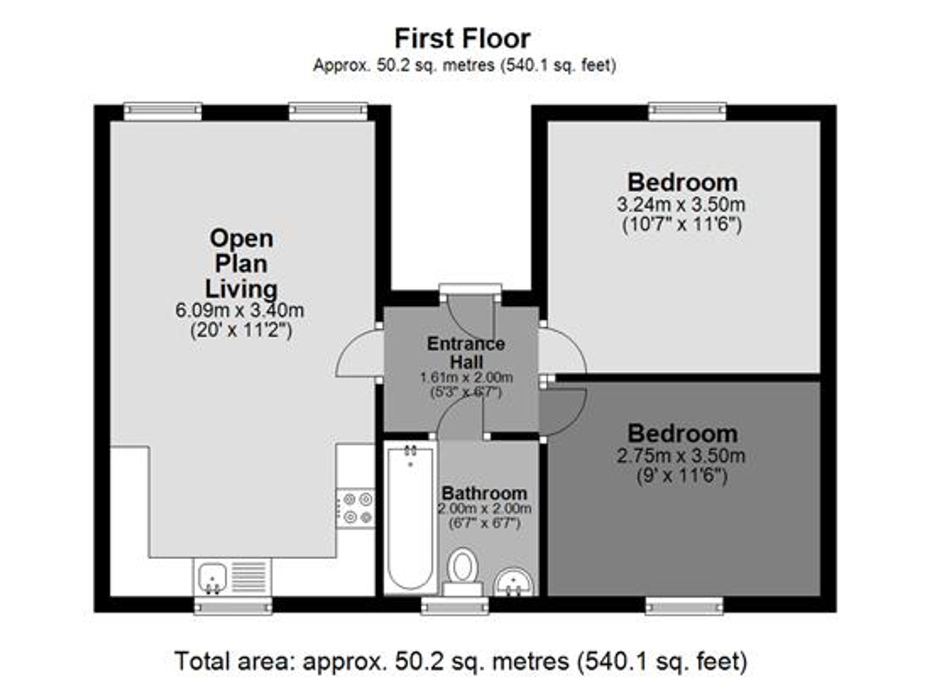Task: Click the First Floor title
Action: pos(462,39)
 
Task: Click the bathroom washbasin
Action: pos(513,582)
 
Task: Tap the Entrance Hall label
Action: pos(466,353)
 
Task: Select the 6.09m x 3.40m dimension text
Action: pos(240,310)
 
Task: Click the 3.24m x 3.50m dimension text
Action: pos(681,204)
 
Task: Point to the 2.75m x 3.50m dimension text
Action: pos(681,456)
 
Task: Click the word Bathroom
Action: pos(484,493)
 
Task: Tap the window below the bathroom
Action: pos(455,606)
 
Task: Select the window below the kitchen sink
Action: pos(233,606)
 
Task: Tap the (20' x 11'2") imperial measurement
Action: pos(241,331)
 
